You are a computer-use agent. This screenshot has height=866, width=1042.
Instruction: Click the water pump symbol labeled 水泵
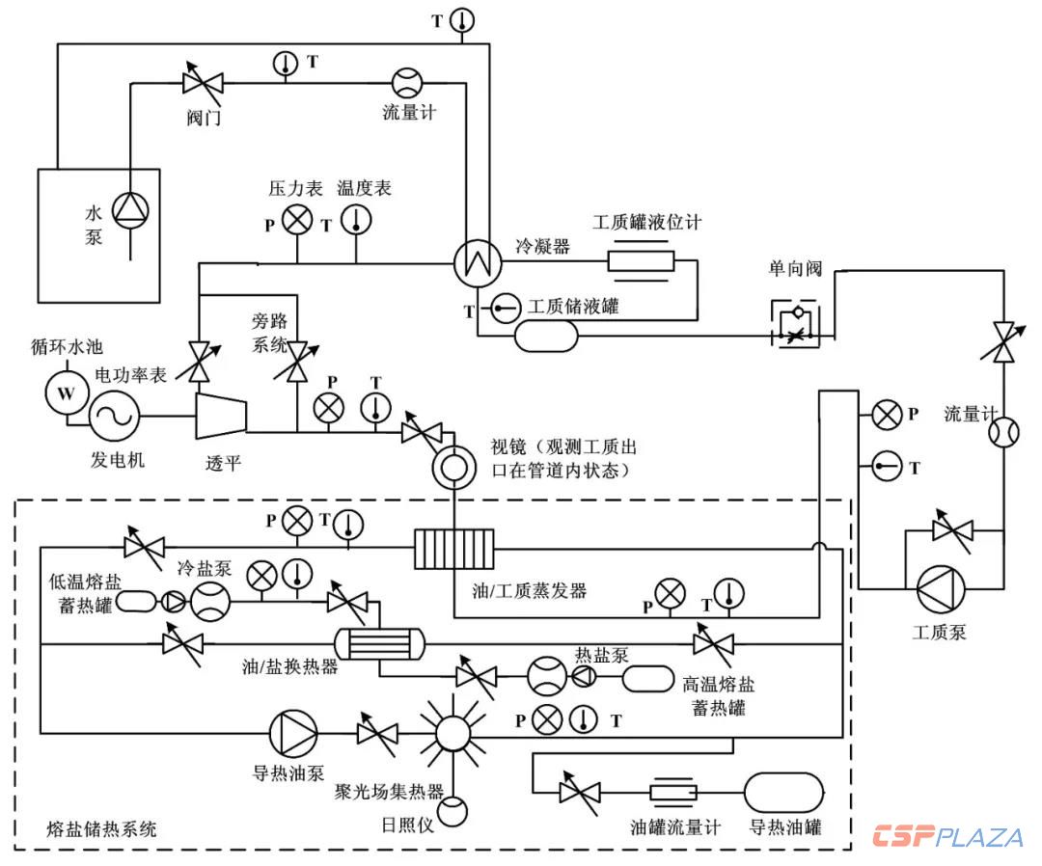point(127,210)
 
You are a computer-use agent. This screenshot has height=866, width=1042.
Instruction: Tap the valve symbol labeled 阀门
point(203,83)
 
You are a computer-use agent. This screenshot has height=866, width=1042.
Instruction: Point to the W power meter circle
point(67,393)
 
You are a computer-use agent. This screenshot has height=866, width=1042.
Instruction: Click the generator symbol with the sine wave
point(116,416)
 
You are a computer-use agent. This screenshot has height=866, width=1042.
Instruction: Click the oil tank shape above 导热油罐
point(784,792)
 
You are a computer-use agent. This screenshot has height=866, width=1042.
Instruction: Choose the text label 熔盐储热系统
point(102,828)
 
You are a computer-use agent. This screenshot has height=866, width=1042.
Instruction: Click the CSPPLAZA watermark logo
point(948,836)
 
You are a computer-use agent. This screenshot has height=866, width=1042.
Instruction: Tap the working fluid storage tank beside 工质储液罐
point(546,336)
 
